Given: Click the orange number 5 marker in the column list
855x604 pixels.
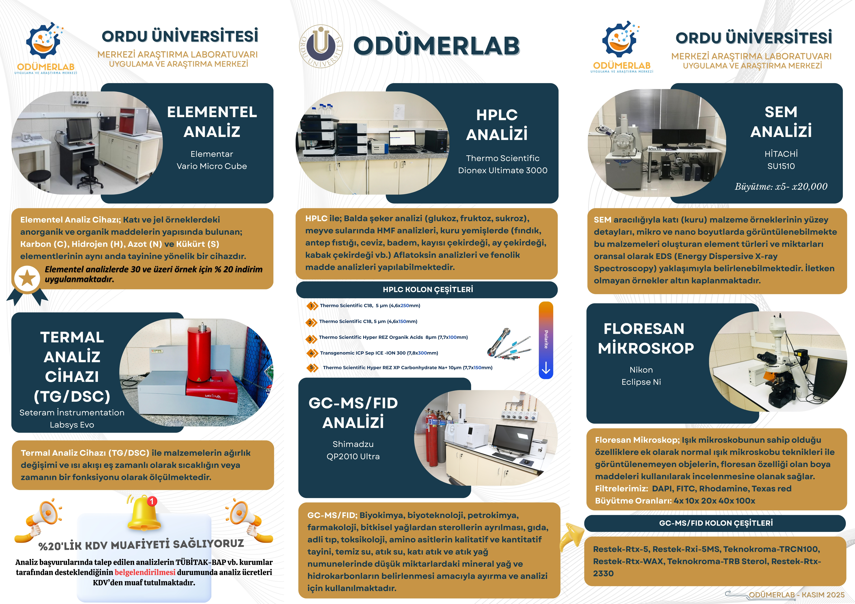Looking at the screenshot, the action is tap(312, 368).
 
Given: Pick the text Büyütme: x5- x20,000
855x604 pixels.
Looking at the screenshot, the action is tap(781, 186).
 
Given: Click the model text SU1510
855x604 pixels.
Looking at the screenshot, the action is tap(781, 166).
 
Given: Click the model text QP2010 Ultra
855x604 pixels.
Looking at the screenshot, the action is tap(353, 456).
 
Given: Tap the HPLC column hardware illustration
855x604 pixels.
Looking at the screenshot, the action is tap(509, 343).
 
